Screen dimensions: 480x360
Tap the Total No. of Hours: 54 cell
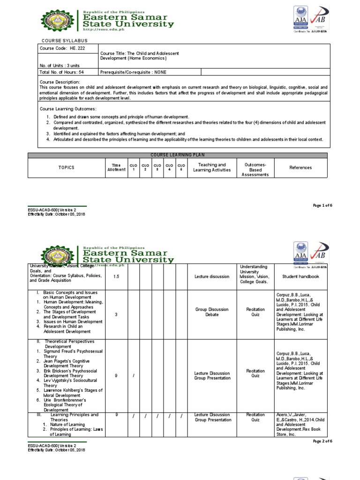pos(62,72)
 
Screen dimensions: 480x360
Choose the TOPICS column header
pos(66,167)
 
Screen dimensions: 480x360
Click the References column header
pos(300,167)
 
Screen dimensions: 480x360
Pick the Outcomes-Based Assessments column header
pos(255,170)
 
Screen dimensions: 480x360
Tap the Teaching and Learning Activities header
pos(212,167)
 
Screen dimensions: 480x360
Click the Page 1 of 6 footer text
pos(322,205)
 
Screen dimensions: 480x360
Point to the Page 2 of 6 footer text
pos(322,441)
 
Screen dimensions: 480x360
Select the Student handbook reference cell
pos(300,277)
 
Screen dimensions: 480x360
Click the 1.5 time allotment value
pos(116,277)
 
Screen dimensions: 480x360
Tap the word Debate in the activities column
pos(212,315)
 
